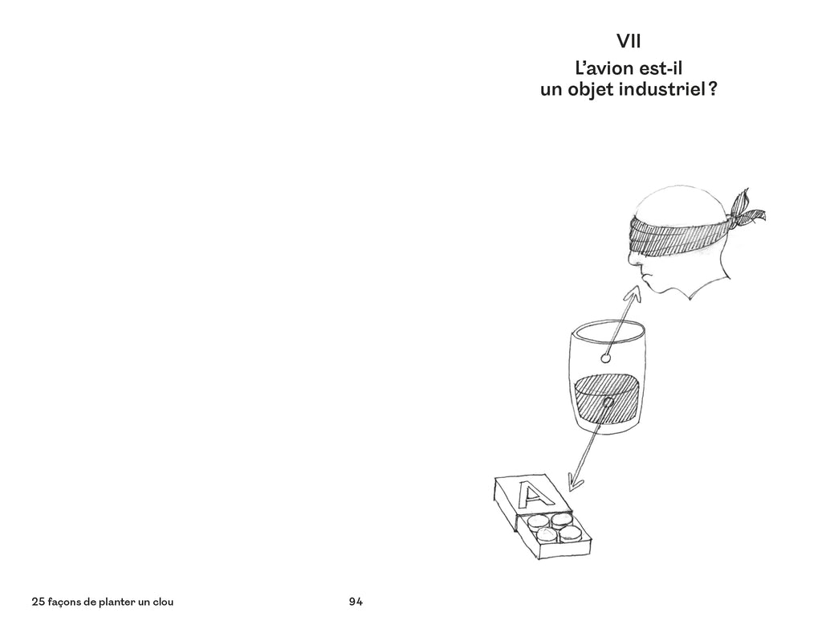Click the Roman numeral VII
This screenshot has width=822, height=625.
pyautogui.click(x=629, y=41)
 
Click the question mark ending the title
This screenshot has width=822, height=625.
pyautogui.click(x=713, y=90)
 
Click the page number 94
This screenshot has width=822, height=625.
pyautogui.click(x=356, y=602)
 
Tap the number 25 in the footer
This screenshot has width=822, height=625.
pyautogui.click(x=38, y=602)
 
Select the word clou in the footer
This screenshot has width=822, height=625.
pyautogui.click(x=162, y=602)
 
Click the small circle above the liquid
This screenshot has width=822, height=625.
pyautogui.click(x=605, y=359)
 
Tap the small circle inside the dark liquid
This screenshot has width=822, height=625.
pyautogui.click(x=608, y=402)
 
